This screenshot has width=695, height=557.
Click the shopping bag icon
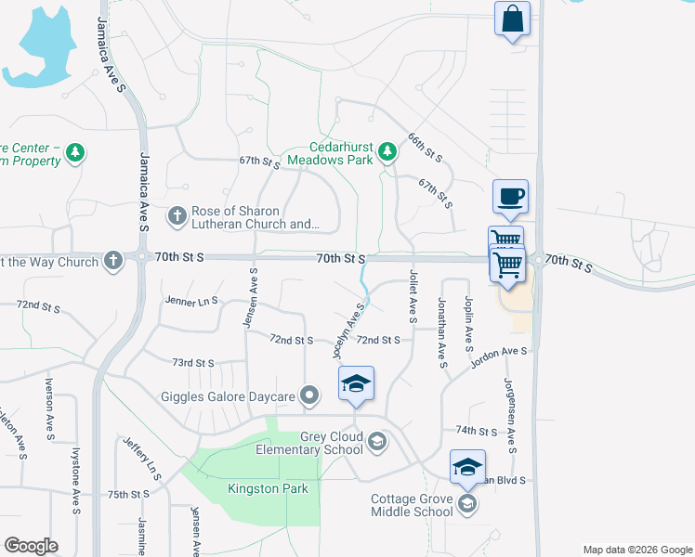tap(513, 19)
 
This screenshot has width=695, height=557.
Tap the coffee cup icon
tap(510, 197)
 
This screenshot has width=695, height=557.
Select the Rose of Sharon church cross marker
tap(177, 216)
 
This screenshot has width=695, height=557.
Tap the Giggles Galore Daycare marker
tap(310, 396)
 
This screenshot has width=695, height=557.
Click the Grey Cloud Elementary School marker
tap(376, 442)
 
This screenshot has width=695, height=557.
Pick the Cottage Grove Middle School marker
tap(467, 504)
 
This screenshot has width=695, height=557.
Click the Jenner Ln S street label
tap(190, 301)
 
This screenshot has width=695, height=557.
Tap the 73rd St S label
tap(192, 363)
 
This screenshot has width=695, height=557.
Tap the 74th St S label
tap(479, 431)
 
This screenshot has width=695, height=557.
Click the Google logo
tap(31, 546)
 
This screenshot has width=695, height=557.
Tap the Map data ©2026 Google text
tap(636, 550)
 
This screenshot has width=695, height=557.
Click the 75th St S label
tap(128, 495)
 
